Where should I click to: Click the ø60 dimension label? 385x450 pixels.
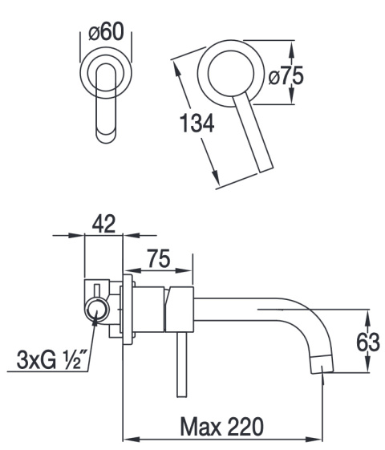[x=106, y=31]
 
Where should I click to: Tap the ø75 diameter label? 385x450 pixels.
[x=286, y=76]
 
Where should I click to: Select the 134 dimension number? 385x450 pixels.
[x=197, y=123]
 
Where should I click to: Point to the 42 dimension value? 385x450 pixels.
[x=103, y=223]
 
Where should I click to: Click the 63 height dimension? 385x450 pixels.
[x=368, y=342]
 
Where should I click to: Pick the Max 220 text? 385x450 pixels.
[x=221, y=427]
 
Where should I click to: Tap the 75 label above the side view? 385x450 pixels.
[x=159, y=258]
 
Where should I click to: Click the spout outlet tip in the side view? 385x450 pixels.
[x=322, y=364]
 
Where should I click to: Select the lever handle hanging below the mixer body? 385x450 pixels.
[x=182, y=364]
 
